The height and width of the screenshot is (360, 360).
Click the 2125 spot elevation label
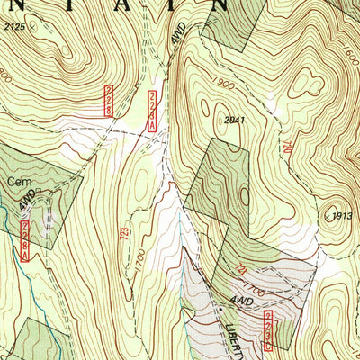pyautogui.click(x=15, y=29)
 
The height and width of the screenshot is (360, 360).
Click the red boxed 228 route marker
pyautogui.click(x=109, y=99)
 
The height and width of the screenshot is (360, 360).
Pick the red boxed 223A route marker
pyautogui.click(x=154, y=107)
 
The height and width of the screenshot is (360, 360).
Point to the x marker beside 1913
pyautogui.click(x=325, y=216)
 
